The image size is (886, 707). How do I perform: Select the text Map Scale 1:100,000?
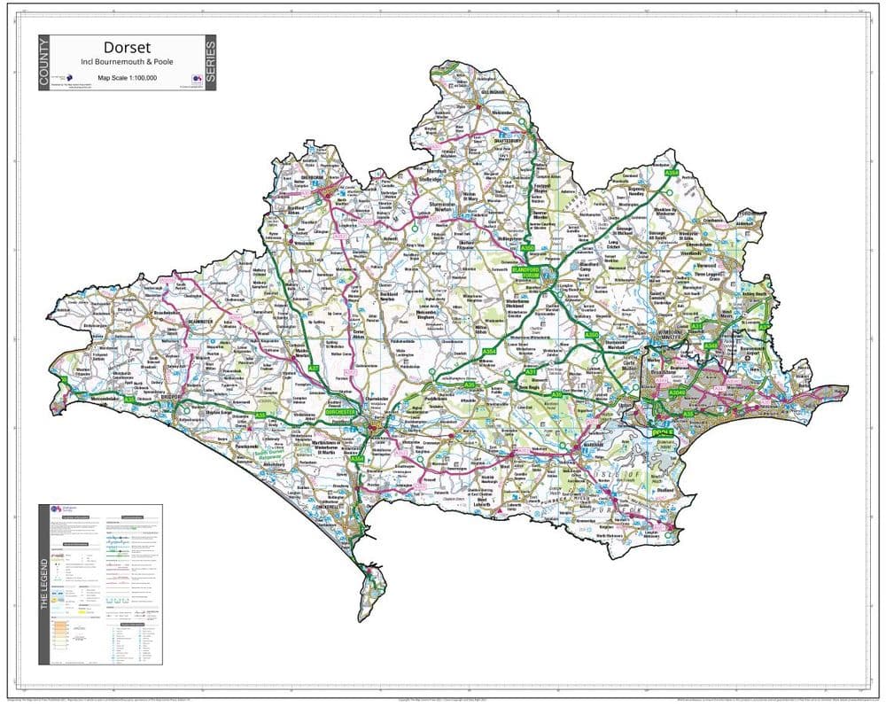point(128,79)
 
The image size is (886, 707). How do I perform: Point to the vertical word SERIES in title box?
point(209,62)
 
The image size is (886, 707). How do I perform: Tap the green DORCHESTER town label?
point(340,413)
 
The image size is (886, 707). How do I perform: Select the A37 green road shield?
point(313,368)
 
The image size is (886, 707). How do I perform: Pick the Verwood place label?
point(731,264)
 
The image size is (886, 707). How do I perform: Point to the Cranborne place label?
point(728,219)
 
